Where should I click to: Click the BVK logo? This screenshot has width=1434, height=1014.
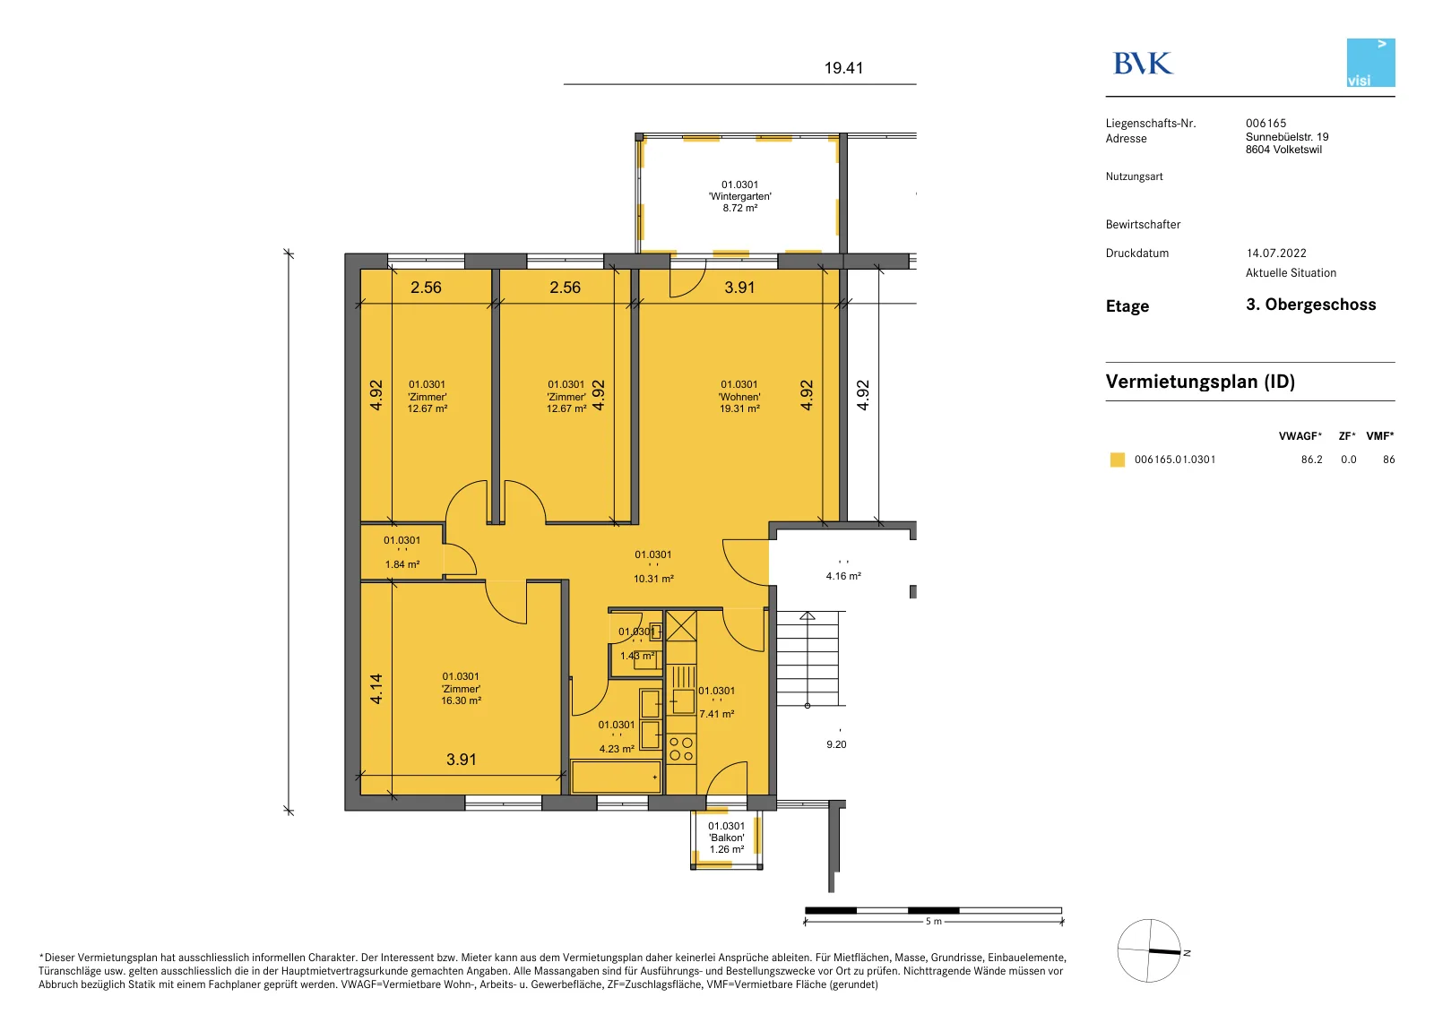(1143, 64)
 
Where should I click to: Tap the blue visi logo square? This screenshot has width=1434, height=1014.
(1370, 63)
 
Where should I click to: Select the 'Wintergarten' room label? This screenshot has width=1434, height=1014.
(740, 196)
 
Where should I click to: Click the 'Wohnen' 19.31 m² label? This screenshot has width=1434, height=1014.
(739, 397)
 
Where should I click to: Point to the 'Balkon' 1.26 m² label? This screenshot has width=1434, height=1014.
(727, 838)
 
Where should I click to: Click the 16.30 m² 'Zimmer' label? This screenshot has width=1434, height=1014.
(461, 689)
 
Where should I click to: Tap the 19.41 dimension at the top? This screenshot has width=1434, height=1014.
(843, 68)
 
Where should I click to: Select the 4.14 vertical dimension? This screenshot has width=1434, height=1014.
(376, 689)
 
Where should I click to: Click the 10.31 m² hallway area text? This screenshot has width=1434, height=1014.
(653, 579)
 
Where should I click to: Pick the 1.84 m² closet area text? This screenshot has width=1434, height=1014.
(402, 565)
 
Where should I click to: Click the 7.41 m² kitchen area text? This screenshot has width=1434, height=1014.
(717, 714)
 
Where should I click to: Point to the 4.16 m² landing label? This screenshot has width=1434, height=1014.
(843, 576)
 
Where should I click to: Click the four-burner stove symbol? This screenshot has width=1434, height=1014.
(681, 749)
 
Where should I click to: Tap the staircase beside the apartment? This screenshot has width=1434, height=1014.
(808, 659)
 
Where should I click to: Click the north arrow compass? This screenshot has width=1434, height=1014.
(1149, 950)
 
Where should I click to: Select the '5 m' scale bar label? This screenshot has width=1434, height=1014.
(933, 922)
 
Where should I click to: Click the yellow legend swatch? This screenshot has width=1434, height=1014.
(1117, 460)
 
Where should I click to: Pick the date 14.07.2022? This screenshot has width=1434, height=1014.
(1276, 253)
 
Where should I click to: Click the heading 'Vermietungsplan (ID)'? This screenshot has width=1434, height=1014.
(1200, 382)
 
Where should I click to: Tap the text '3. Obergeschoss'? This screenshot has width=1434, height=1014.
(1310, 305)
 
